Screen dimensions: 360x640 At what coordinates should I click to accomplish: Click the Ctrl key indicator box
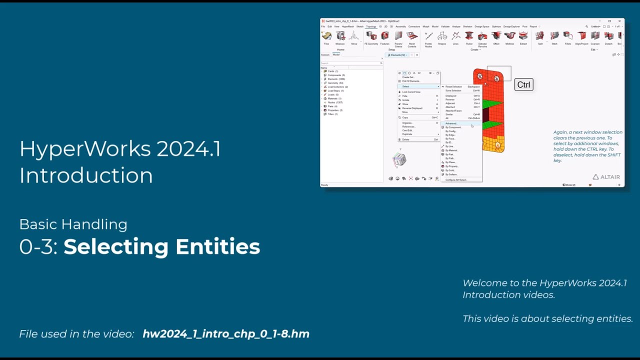[x=523, y=84]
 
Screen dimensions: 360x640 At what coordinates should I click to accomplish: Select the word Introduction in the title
[x=86, y=175]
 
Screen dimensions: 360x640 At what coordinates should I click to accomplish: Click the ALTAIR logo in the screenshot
[x=606, y=177]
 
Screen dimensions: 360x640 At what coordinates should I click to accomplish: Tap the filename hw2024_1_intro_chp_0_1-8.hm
[x=226, y=334]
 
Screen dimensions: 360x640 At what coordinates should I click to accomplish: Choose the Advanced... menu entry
[x=451, y=123]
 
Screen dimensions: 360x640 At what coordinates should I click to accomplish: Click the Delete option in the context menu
[x=405, y=139]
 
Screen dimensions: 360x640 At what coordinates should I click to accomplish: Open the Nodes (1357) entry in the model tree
[x=335, y=102]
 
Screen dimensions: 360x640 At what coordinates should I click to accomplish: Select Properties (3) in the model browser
[x=334, y=110]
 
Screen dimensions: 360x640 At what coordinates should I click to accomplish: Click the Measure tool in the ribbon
[x=340, y=38]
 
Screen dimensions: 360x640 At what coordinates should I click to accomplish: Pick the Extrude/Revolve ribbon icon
[x=482, y=38]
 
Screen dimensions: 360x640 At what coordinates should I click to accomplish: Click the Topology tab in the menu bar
[x=370, y=26]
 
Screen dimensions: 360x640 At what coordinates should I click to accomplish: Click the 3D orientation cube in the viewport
[x=399, y=159]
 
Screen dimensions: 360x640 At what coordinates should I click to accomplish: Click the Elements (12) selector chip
[x=398, y=55]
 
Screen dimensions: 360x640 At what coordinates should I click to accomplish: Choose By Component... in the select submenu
[x=453, y=127]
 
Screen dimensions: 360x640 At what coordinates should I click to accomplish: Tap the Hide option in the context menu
[x=405, y=96]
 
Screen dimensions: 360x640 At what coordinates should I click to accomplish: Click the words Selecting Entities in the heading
[x=161, y=246]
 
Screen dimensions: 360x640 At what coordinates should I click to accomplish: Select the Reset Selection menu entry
[x=453, y=86]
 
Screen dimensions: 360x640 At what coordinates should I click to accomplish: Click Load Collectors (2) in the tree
[x=337, y=87]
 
